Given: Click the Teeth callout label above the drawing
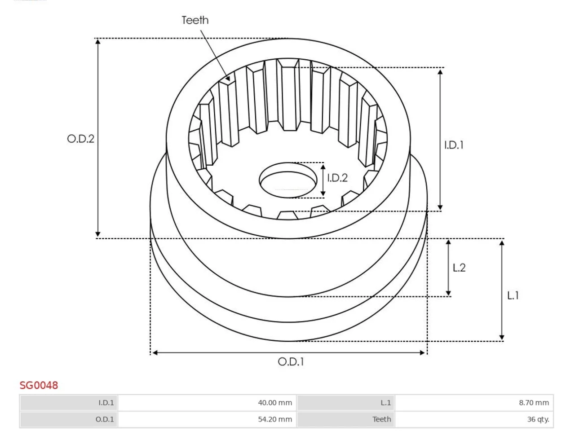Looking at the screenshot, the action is click(195, 20).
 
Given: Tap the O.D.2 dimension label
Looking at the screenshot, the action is click(80, 139).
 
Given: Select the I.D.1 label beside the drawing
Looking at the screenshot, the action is click(454, 145).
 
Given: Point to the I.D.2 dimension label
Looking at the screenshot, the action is click(337, 178).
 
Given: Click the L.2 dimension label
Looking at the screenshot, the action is click(459, 268).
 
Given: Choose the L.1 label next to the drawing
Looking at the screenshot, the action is click(513, 296).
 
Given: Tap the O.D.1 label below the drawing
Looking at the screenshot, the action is click(291, 362).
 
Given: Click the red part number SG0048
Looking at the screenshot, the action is click(39, 385).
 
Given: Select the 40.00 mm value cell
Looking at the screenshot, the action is click(207, 403).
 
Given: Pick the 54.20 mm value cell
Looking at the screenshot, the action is click(207, 419).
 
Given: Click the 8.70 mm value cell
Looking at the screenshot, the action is click(474, 403).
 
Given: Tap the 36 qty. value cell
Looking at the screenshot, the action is click(474, 419).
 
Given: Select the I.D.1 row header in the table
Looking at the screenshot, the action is click(69, 403).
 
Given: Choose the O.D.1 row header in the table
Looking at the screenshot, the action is click(69, 419).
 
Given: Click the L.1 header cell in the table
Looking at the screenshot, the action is click(346, 403).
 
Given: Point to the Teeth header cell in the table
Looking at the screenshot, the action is click(346, 419).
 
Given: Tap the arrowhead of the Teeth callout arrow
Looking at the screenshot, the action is click(228, 78).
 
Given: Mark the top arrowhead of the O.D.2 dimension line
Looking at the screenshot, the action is click(98, 42).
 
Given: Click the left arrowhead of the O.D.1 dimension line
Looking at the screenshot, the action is click(155, 353).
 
